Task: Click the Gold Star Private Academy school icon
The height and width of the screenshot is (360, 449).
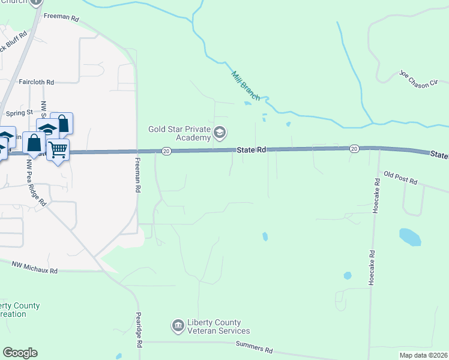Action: tap(220, 133)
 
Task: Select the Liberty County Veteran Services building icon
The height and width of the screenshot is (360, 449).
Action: tap(178, 326)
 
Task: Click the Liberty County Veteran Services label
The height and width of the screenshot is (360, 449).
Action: tap(218, 326)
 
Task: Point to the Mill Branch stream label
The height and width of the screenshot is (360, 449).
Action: tap(245, 85)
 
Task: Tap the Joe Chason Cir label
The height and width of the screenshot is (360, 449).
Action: tap(423, 79)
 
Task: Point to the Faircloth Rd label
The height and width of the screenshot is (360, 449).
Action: tap(36, 82)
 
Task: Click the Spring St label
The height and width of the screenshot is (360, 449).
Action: tap(19, 112)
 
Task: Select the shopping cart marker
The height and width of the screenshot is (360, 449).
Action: tap(58, 149)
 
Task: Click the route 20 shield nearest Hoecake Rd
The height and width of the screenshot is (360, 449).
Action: tap(354, 148)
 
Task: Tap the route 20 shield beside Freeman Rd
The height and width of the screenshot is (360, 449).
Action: tap(167, 151)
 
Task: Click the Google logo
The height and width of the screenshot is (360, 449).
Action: tap(20, 353)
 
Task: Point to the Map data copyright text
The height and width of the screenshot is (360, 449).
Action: tap(423, 355)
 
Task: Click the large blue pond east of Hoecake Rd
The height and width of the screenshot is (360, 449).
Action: tap(410, 236)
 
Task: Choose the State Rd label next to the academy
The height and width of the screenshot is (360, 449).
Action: tap(251, 149)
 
